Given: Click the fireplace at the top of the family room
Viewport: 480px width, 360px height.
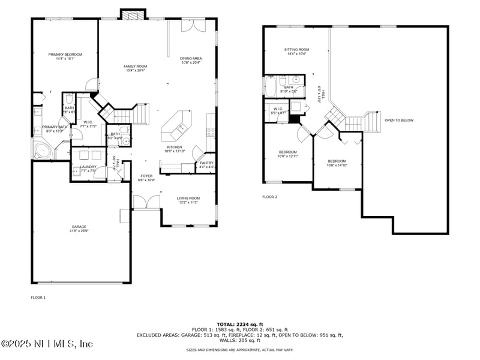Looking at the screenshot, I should pyautogui.click(x=133, y=14).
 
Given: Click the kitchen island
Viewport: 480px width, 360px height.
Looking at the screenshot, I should pyautogui.click(x=177, y=126).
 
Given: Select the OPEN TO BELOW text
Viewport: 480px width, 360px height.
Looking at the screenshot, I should pyautogui.click(x=399, y=120).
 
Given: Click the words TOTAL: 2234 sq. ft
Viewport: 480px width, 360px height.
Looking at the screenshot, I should pyautogui.click(x=239, y=324).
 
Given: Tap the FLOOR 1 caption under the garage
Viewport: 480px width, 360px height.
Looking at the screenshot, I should pyautogui.click(x=38, y=297).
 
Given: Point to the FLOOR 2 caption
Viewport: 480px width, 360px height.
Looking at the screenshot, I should pyautogui.click(x=269, y=197).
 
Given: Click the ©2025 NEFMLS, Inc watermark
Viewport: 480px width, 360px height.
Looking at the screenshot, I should pyautogui.click(x=47, y=344).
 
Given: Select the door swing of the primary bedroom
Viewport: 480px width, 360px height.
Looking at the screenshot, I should pyautogui.click(x=90, y=84).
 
